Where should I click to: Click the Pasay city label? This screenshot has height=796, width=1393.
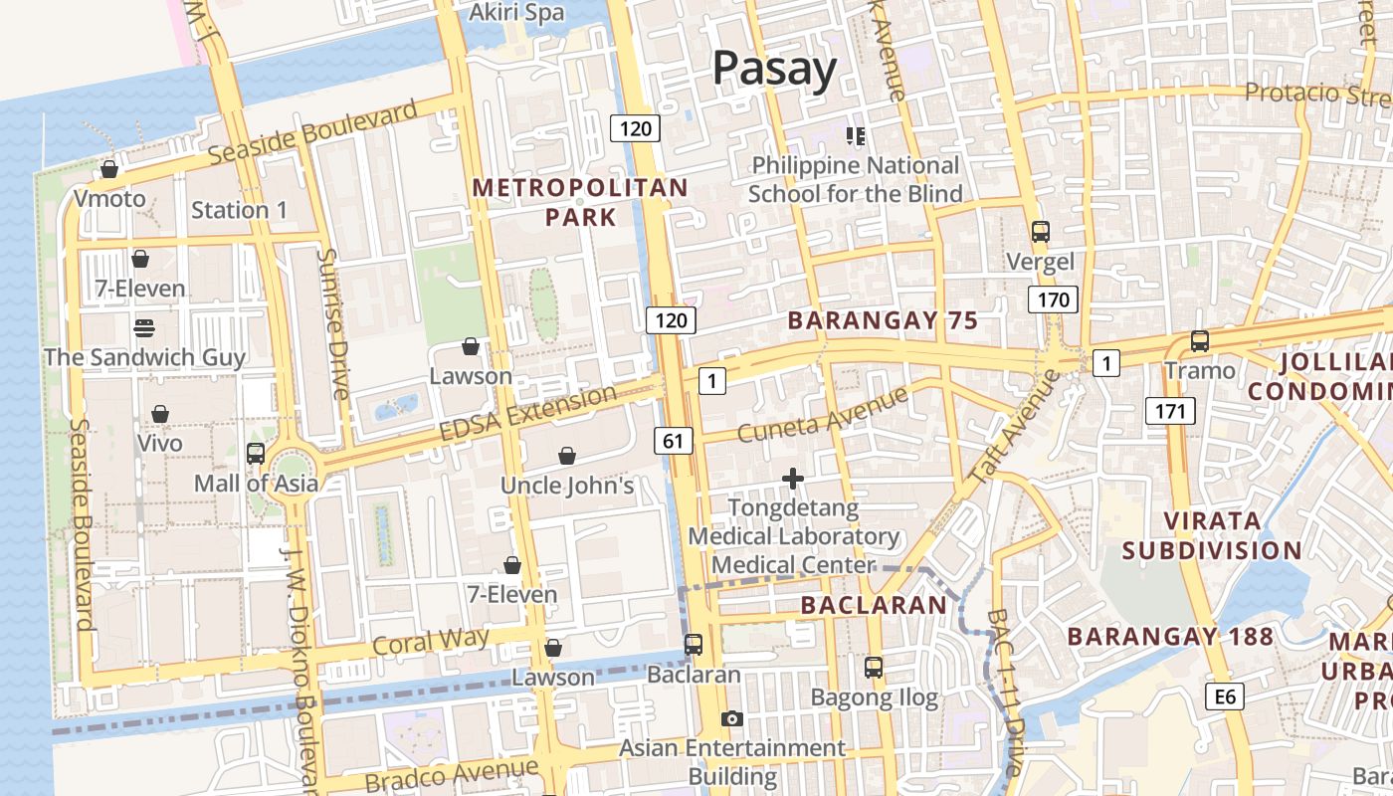coord(774,68)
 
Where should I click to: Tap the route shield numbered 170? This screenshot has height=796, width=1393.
coord(1053,299)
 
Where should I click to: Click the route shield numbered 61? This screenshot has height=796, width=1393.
coord(674,440)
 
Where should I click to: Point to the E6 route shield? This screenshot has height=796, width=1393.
coord(1225,696)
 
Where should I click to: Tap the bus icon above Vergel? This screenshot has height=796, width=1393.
coord(1040,232)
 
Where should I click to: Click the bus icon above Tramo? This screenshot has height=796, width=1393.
coord(1200,341)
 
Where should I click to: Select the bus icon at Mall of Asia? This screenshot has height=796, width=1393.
coord(255,454)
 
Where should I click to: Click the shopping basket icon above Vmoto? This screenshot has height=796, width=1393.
coord(109,170)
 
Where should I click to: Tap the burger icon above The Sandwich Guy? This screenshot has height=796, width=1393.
coord(144,327)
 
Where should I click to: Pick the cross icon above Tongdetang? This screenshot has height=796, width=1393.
coord(792,480)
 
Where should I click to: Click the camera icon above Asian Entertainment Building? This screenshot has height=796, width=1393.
coord(731,718)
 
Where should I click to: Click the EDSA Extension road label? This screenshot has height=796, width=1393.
coord(527,414)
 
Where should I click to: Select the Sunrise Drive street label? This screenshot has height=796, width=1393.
coord(332,323)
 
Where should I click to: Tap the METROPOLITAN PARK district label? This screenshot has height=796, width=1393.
coord(580,202)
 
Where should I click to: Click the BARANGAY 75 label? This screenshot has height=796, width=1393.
coord(883,320)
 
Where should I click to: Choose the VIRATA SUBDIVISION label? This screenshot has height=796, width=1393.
coord(1212,535)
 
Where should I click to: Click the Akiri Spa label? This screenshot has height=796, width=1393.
coord(516,13)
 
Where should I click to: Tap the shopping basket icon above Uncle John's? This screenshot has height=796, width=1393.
coord(566,456)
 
